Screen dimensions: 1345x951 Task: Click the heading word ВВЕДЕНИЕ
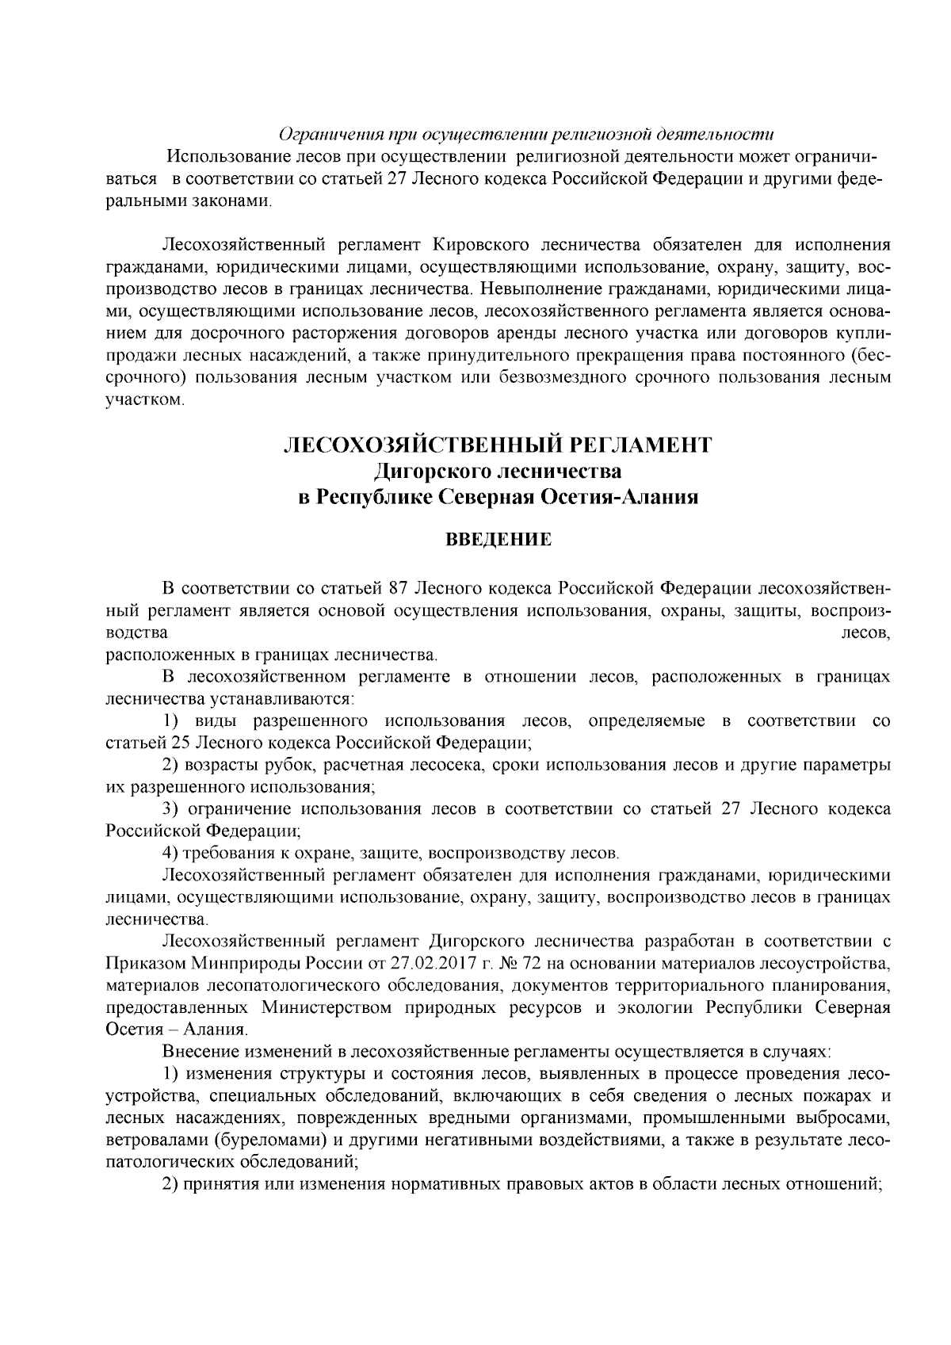499,541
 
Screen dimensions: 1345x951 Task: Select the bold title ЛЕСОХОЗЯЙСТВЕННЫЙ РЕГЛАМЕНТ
498,445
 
